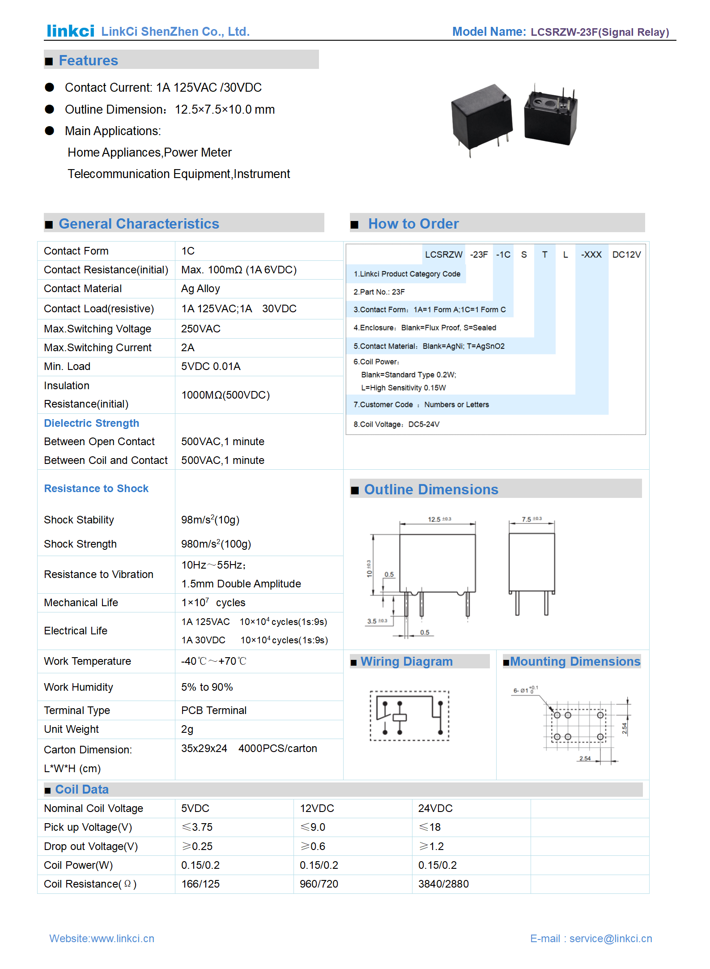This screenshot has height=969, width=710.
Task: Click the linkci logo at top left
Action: [70, 31]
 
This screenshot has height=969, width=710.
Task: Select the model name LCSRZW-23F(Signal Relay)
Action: [599, 32]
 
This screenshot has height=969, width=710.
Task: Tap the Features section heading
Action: [88, 60]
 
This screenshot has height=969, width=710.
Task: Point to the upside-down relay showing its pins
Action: [551, 116]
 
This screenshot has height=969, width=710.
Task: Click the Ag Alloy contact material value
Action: [200, 289]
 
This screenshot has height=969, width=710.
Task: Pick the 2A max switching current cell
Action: [187, 348]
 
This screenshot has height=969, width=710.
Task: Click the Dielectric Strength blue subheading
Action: [91, 423]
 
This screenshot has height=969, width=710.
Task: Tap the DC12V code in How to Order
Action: [626, 255]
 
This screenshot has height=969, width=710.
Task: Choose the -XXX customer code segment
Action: [591, 255]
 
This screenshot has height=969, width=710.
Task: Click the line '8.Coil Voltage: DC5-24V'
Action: [396, 424]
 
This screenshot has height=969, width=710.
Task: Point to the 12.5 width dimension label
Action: [439, 519]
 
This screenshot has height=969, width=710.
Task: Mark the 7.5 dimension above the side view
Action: [531, 519]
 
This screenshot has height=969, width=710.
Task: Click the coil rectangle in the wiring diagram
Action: [400, 718]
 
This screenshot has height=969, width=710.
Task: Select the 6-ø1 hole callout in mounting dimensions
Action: [525, 690]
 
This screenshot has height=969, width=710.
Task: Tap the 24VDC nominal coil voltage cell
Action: [435, 808]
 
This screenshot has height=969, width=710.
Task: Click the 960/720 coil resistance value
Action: [319, 884]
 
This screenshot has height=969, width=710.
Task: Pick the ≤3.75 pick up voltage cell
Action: [197, 827]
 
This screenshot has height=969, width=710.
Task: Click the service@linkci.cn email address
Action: [610, 939]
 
